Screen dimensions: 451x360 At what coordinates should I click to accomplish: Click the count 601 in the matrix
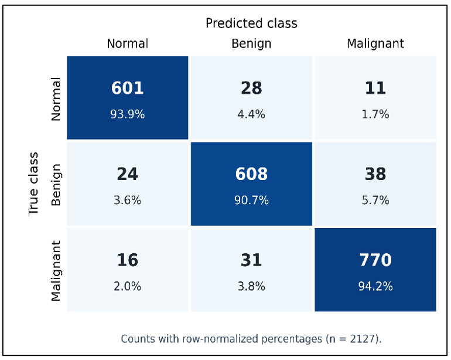[128, 88]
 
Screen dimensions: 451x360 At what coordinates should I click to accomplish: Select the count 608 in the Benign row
[251, 174]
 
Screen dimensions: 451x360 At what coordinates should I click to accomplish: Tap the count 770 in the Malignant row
[375, 260]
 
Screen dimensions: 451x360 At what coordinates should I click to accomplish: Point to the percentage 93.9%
[128, 114]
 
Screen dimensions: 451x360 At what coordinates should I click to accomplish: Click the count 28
[251, 88]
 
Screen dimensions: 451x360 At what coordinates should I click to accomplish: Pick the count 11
[375, 88]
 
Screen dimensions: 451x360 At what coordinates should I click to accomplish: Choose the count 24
[128, 174]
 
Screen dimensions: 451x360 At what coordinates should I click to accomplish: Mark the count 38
[375, 174]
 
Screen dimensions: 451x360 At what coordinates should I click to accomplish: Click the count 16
[128, 260]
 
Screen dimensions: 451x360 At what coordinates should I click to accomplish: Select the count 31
[251, 260]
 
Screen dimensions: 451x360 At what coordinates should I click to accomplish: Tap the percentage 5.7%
[375, 200]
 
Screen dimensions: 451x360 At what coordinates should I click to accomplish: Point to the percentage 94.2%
[375, 286]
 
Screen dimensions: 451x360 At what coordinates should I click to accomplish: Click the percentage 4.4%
[251, 114]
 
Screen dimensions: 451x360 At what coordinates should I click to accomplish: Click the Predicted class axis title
[251, 23]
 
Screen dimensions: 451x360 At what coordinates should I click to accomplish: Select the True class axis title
[33, 184]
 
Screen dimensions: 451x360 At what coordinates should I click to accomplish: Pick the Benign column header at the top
[251, 44]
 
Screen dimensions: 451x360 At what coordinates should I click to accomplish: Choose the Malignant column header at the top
[375, 44]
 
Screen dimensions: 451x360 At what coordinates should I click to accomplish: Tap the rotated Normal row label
[56, 99]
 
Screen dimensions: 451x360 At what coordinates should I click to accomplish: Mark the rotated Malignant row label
[56, 271]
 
